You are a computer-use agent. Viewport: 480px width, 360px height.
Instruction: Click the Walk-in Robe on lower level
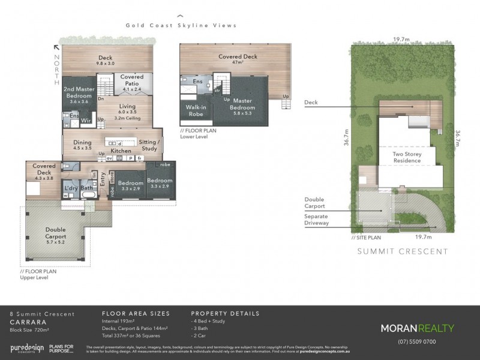click(x=193, y=110)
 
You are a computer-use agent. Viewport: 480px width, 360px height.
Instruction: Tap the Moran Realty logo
click(x=417, y=328)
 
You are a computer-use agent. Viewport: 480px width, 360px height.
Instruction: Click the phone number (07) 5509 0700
click(x=417, y=341)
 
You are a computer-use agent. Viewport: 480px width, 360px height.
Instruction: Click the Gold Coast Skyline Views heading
click(x=181, y=26)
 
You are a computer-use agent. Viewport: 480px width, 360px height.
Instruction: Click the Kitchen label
click(x=121, y=151)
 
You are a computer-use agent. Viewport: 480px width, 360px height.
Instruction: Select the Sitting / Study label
click(x=148, y=145)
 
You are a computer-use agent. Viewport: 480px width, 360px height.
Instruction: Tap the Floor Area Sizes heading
click(x=136, y=313)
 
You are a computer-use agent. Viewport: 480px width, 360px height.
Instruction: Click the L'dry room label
click(x=71, y=188)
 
